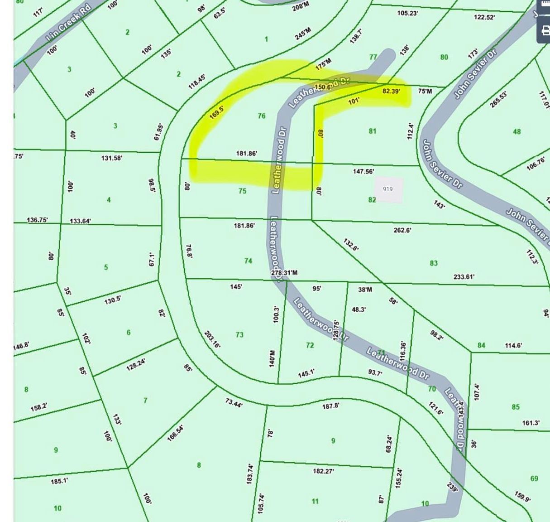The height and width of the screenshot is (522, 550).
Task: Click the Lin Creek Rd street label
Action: point(69,24)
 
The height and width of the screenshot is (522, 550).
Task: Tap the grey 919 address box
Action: point(388,189)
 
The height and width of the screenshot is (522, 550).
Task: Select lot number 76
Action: point(261,116)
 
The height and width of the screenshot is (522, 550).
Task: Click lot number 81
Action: point(372,131)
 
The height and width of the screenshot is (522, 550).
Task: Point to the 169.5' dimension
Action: point(217,112)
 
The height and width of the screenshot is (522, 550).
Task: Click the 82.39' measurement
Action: point(391,91)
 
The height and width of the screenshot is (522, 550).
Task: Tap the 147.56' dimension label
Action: point(363,171)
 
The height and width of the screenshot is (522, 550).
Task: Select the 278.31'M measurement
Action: point(284,273)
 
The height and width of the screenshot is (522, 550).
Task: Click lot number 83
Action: point(434,263)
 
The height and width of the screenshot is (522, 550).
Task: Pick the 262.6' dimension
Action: point(402,230)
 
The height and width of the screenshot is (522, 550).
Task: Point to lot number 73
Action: point(239,335)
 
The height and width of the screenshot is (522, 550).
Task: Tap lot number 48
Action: point(517,132)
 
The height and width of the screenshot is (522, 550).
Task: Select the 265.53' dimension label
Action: point(498,99)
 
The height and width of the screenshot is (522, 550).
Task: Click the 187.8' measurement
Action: point(330,406)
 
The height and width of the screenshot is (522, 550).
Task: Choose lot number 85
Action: point(516,407)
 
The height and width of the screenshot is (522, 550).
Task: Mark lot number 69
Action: point(534,478)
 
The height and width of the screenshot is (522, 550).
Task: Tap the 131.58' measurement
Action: point(111,158)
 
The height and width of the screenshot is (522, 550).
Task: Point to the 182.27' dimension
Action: point(323,471)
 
